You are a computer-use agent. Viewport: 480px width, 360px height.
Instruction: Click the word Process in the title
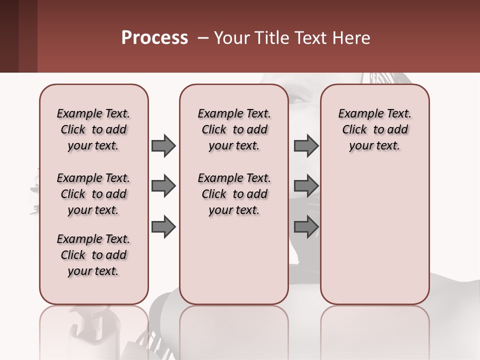tap(154, 38)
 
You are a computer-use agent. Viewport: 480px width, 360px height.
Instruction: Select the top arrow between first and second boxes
tap(163, 145)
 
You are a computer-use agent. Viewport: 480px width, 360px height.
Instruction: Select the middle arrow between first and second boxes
tap(163, 186)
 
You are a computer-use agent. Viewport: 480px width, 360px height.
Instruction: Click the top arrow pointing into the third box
tap(305, 145)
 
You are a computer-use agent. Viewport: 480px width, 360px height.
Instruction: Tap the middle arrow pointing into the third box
tap(305, 186)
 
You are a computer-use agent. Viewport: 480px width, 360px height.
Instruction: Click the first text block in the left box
tap(93, 129)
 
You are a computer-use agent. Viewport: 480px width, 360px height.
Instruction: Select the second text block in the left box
tap(93, 194)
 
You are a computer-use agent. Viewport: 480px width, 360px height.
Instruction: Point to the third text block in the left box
tap(93, 255)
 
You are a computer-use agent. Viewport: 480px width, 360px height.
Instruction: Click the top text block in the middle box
tap(234, 129)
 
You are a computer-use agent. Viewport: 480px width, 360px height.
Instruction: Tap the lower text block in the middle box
tap(234, 194)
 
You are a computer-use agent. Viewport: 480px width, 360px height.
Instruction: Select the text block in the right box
tap(374, 129)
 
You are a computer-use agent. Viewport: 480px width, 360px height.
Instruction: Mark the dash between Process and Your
tap(201, 38)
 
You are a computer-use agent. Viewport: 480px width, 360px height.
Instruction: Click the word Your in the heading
tap(232, 38)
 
